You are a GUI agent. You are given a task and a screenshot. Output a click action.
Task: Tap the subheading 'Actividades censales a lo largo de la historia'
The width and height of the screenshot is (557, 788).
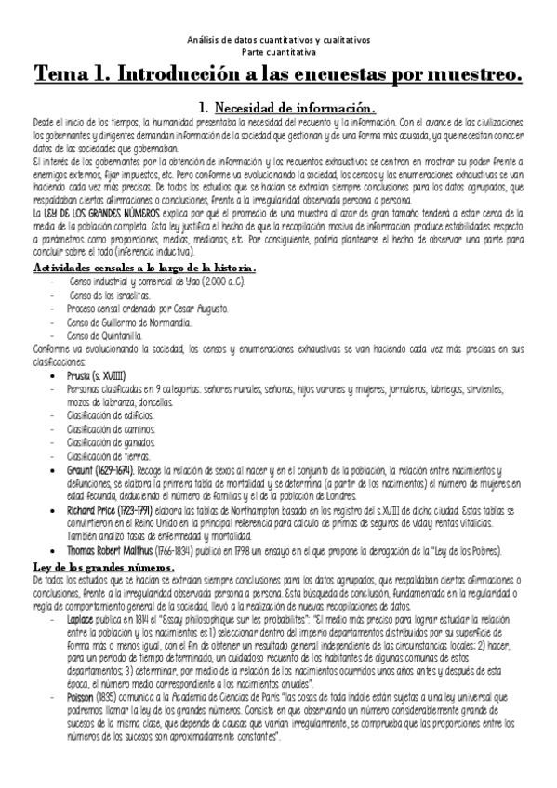coord(145,269)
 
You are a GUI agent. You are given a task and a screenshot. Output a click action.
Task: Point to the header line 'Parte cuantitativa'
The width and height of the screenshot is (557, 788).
coord(278,52)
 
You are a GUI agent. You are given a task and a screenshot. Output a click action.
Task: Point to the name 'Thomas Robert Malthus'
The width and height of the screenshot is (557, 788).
coord(117,524)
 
